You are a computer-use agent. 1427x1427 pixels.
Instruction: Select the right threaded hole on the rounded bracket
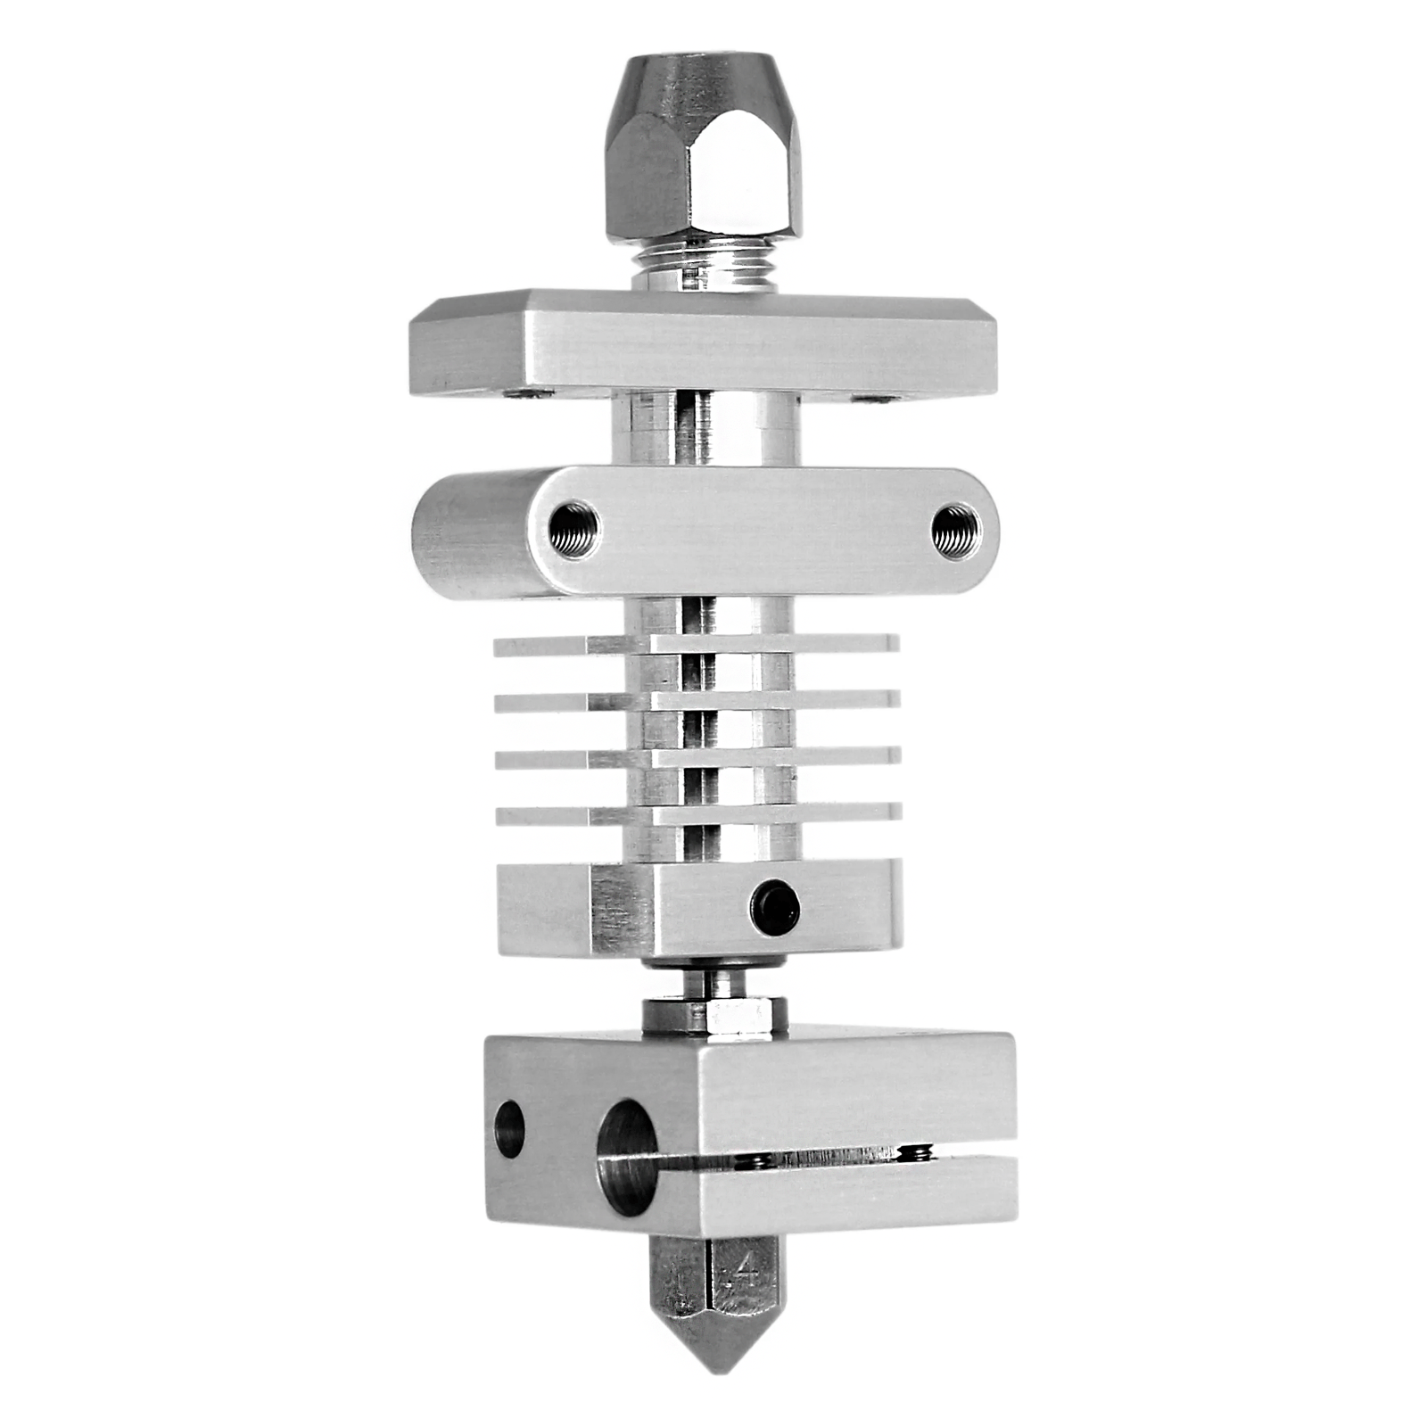(x=955, y=530)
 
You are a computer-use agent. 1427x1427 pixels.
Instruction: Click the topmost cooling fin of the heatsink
(x=696, y=644)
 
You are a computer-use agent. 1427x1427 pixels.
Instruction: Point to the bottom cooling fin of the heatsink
(x=696, y=812)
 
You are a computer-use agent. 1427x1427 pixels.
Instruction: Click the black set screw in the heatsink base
(x=775, y=908)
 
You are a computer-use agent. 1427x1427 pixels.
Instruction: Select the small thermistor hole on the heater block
(x=509, y=1128)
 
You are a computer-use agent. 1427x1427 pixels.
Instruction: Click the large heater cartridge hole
(x=626, y=1158)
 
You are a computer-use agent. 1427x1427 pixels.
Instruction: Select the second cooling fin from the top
(x=696, y=701)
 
